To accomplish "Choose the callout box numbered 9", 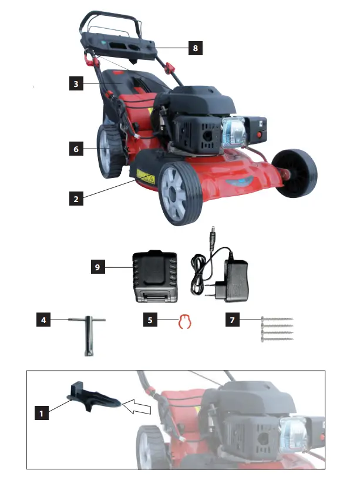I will (x=100, y=267).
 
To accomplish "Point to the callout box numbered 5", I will (x=151, y=320).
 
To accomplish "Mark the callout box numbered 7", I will (x=233, y=320).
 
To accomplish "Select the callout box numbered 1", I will (x=41, y=414).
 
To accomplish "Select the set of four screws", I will (x=277, y=328).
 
